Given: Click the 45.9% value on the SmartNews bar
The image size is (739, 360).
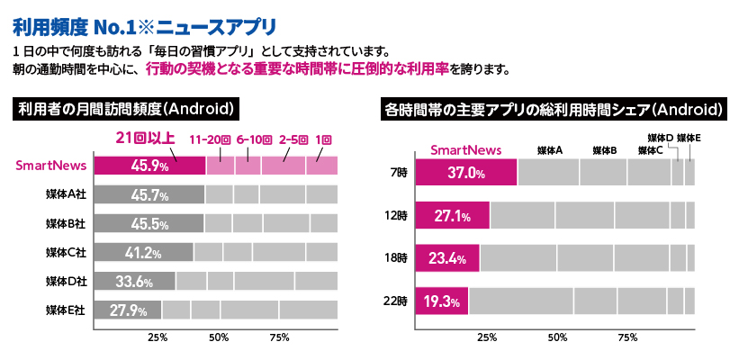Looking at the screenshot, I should pyautogui.click(x=150, y=166).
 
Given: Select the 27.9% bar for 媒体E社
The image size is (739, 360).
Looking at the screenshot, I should pyautogui.click(x=127, y=310).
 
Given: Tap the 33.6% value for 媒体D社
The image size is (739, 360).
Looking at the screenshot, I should pyautogui.click(x=132, y=282).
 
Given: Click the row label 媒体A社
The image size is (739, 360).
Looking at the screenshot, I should pyautogui.click(x=66, y=194).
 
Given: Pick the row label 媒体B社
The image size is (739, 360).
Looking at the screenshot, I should pyautogui.click(x=66, y=223).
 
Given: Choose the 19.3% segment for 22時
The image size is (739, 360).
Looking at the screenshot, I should pyautogui.click(x=442, y=301).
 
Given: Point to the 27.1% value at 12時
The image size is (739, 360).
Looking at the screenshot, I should pyautogui.click(x=453, y=216).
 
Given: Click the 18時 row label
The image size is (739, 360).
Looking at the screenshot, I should pyautogui.click(x=396, y=259).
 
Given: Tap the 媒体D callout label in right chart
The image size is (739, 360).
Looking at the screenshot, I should pyautogui.click(x=661, y=137).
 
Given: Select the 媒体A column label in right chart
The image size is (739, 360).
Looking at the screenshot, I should pyautogui.click(x=549, y=149).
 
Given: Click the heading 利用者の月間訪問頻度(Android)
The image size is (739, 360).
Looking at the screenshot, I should pyautogui.click(x=127, y=109).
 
